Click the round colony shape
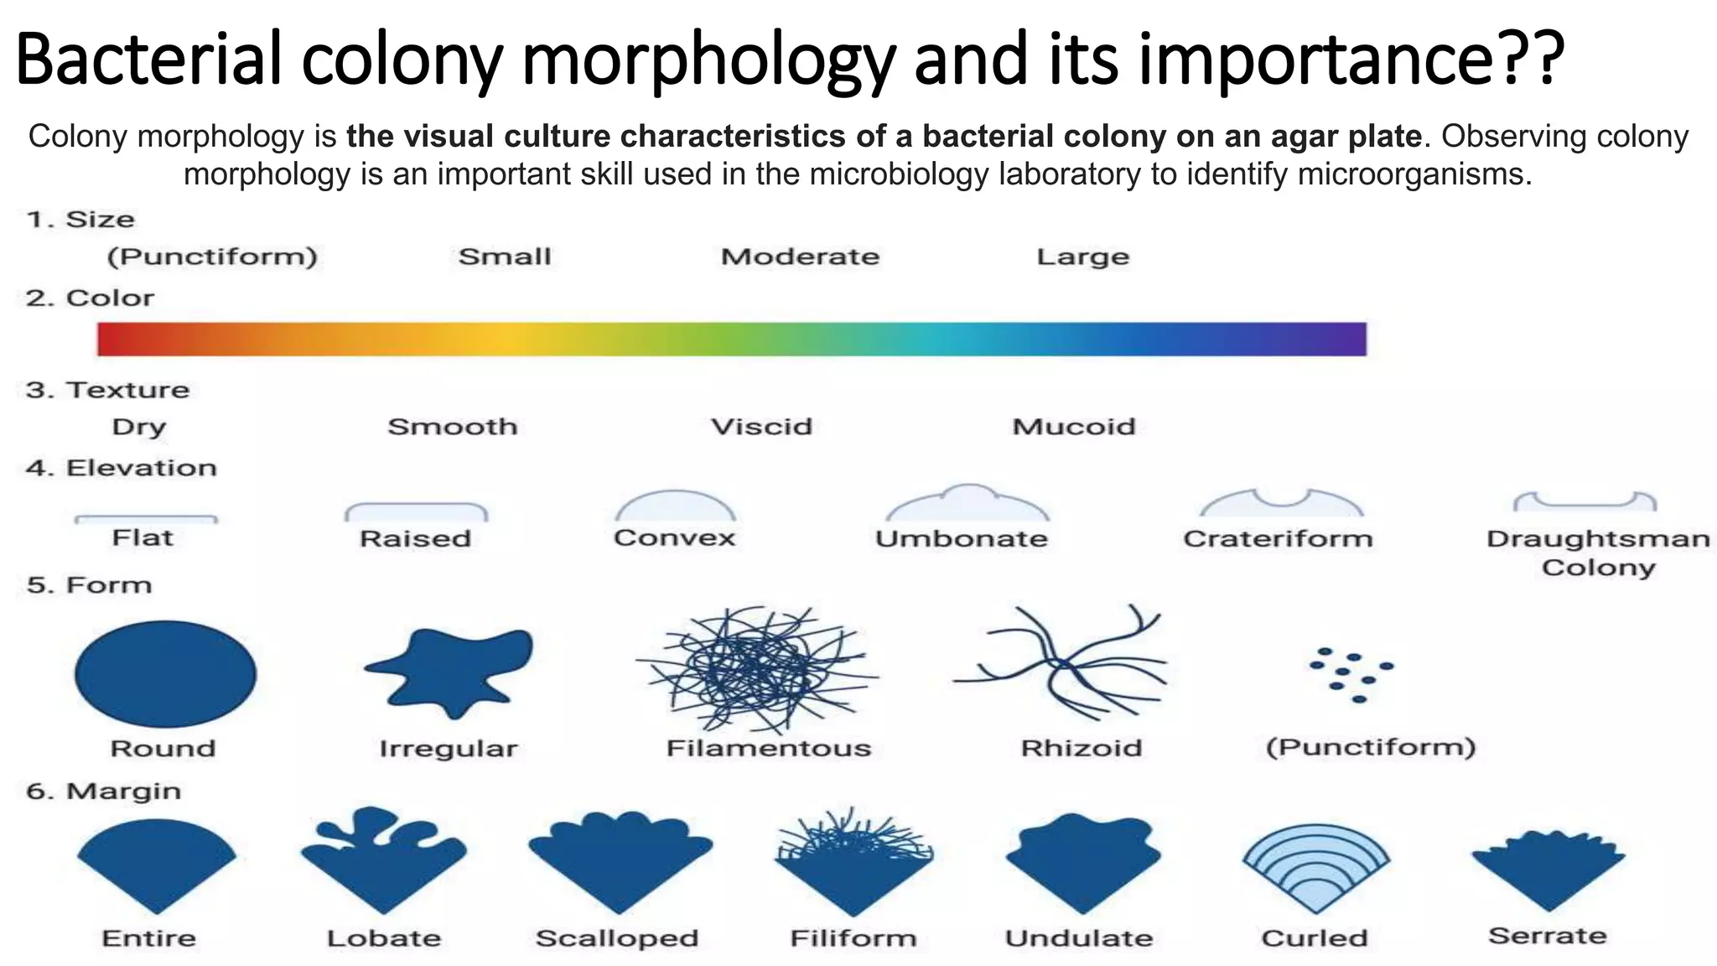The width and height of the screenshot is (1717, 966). (x=165, y=673)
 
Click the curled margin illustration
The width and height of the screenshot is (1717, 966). (x=1315, y=868)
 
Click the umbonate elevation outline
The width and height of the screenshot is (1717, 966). (x=967, y=504)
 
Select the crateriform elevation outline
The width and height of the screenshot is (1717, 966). (x=1281, y=503)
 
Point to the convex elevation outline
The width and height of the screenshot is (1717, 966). (x=675, y=506)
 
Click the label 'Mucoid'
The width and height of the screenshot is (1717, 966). (x=1074, y=427)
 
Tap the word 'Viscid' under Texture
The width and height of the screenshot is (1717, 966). (x=761, y=427)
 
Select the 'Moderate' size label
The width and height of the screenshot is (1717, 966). (x=800, y=257)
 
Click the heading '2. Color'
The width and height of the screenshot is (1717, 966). (x=90, y=298)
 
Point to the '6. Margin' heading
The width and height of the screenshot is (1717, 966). (x=103, y=791)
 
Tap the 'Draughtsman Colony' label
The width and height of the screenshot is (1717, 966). (x=1598, y=553)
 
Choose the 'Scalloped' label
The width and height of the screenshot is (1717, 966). (x=617, y=937)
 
